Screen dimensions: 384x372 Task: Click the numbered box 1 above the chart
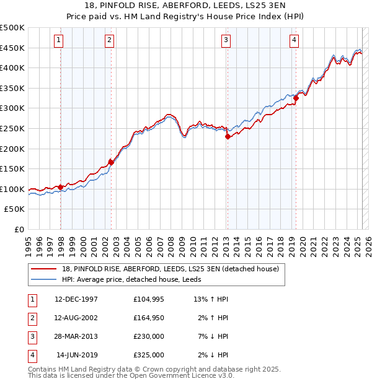tap(58, 41)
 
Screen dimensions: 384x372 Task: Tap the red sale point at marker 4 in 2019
tap(296, 98)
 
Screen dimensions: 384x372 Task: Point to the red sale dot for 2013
tap(228, 137)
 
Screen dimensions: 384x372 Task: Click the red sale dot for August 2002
tap(111, 162)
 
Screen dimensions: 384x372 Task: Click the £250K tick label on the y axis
tap(12, 128)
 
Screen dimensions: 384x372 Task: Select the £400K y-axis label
tap(12, 68)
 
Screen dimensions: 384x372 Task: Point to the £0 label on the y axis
tap(19, 229)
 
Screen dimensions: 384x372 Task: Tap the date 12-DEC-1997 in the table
tap(76, 299)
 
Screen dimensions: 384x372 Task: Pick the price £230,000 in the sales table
tap(149, 336)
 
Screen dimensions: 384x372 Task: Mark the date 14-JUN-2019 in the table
tap(77, 355)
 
